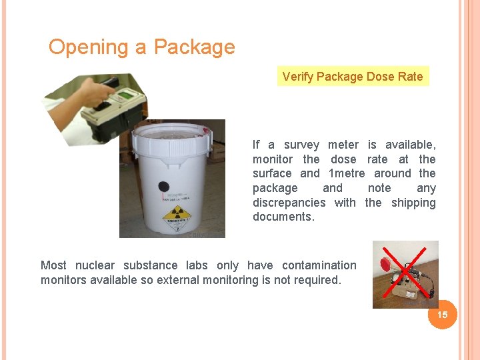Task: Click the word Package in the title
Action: click(x=194, y=47)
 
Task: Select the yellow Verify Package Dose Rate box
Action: click(x=353, y=76)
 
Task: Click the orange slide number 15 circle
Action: click(x=442, y=314)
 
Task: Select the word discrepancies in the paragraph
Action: click(x=289, y=203)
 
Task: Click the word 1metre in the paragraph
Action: click(x=347, y=173)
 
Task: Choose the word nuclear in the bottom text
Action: click(x=95, y=265)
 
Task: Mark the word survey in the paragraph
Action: click(x=301, y=145)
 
